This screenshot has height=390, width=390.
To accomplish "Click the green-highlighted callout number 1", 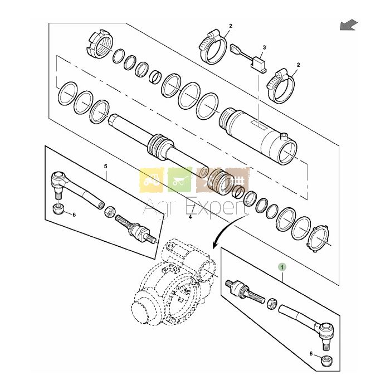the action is [282, 267].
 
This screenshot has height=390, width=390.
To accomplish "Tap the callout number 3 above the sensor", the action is [264, 47].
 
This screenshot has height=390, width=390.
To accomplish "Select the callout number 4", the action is [191, 217].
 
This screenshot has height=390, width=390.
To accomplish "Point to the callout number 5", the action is [105, 166].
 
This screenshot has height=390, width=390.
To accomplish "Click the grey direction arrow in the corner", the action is [349, 25].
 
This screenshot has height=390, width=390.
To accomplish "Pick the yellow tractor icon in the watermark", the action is [152, 180].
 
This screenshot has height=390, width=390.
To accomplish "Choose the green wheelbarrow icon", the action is [180, 180].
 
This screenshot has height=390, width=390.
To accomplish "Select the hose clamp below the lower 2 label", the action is [281, 86].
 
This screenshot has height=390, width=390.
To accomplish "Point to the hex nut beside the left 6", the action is [58, 209].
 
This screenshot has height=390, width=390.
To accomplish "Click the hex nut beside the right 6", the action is [326, 359].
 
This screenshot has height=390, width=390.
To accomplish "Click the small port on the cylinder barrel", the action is [284, 136].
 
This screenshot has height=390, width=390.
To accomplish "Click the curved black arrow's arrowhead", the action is [214, 245].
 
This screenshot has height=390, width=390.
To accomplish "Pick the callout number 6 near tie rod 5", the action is [74, 214].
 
